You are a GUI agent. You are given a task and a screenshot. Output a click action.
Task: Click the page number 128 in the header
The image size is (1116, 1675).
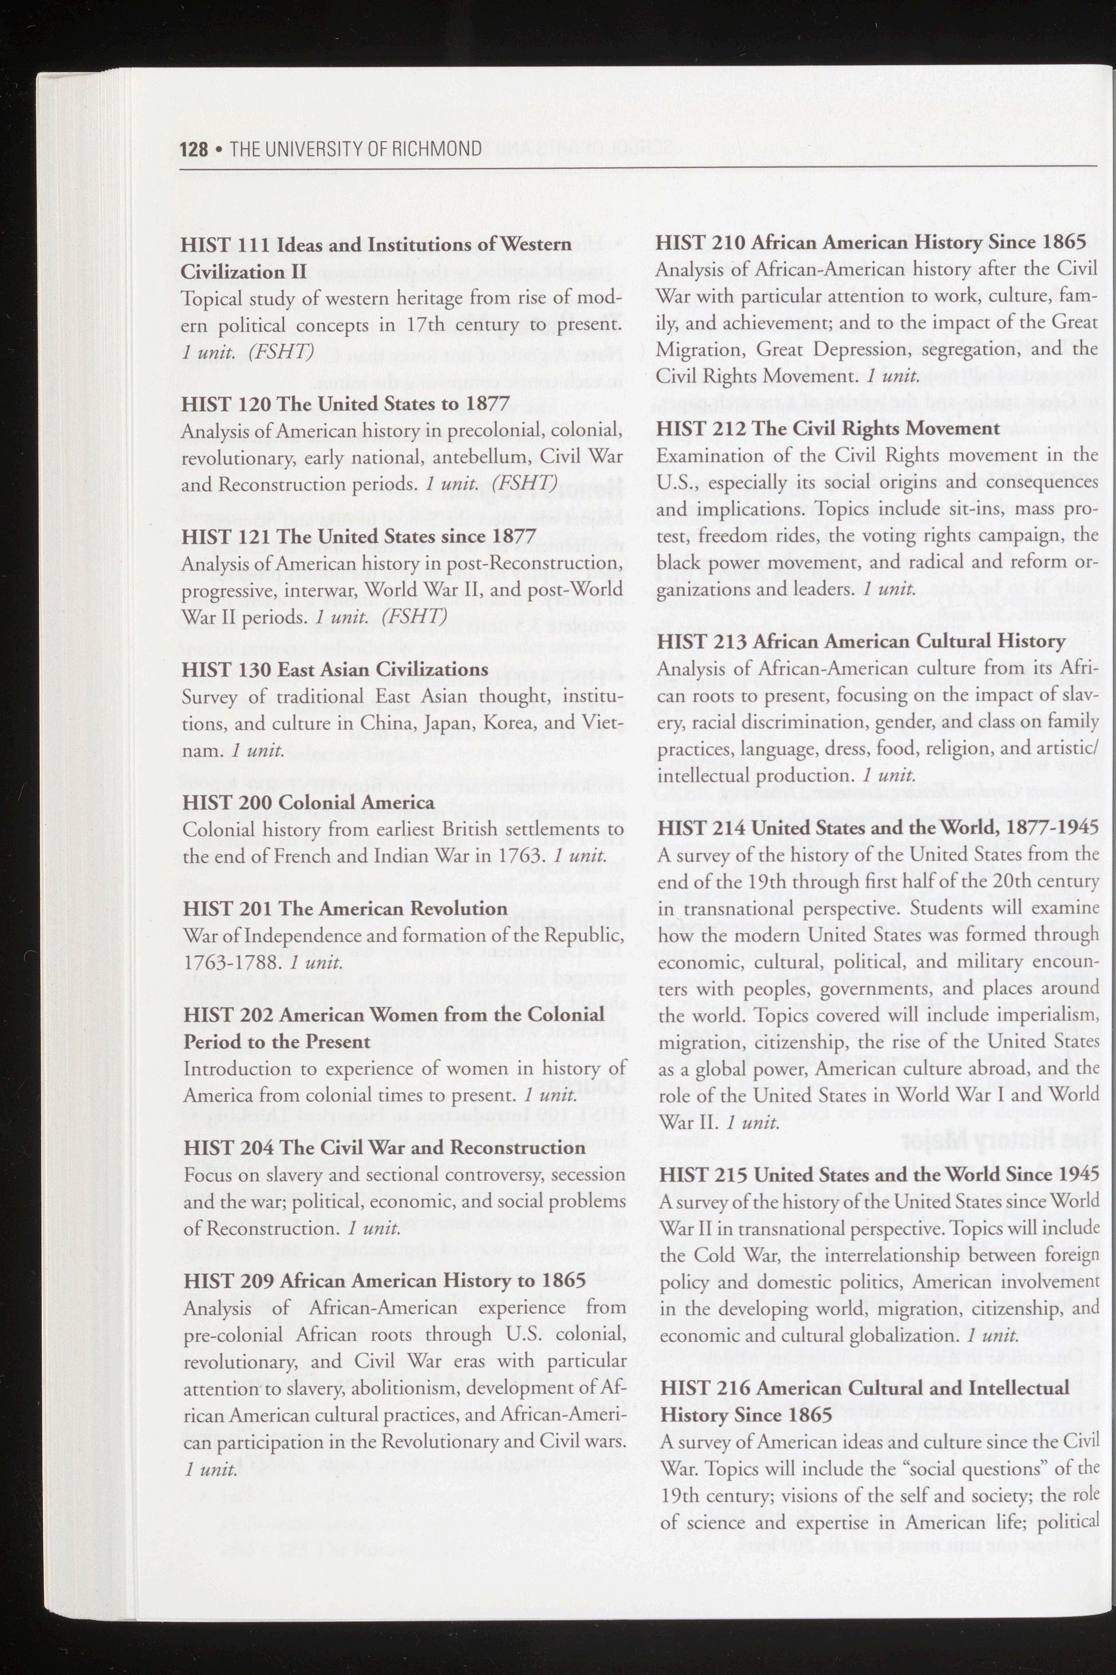194,149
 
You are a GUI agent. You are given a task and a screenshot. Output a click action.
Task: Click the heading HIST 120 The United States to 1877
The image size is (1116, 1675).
345,404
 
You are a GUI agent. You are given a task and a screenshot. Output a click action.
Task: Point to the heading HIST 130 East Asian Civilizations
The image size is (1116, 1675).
334,669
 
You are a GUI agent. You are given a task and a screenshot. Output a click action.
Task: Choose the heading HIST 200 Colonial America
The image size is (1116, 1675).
308,802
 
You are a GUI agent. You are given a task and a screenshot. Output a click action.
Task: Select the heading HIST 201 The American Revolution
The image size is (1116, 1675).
345,908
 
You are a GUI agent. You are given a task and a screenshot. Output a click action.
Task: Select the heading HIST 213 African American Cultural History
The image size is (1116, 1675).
861,641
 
